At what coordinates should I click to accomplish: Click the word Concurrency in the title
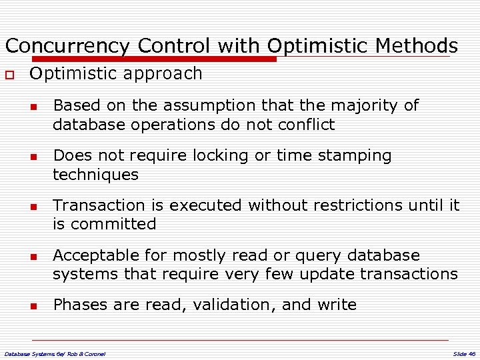tap(67, 46)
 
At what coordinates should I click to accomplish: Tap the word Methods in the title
tap(417, 46)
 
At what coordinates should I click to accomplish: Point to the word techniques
tap(95, 175)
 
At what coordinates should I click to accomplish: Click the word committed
tap(113, 224)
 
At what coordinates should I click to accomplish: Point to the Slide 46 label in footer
tap(463, 353)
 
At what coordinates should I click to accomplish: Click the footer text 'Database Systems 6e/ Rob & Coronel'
tap(55, 353)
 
